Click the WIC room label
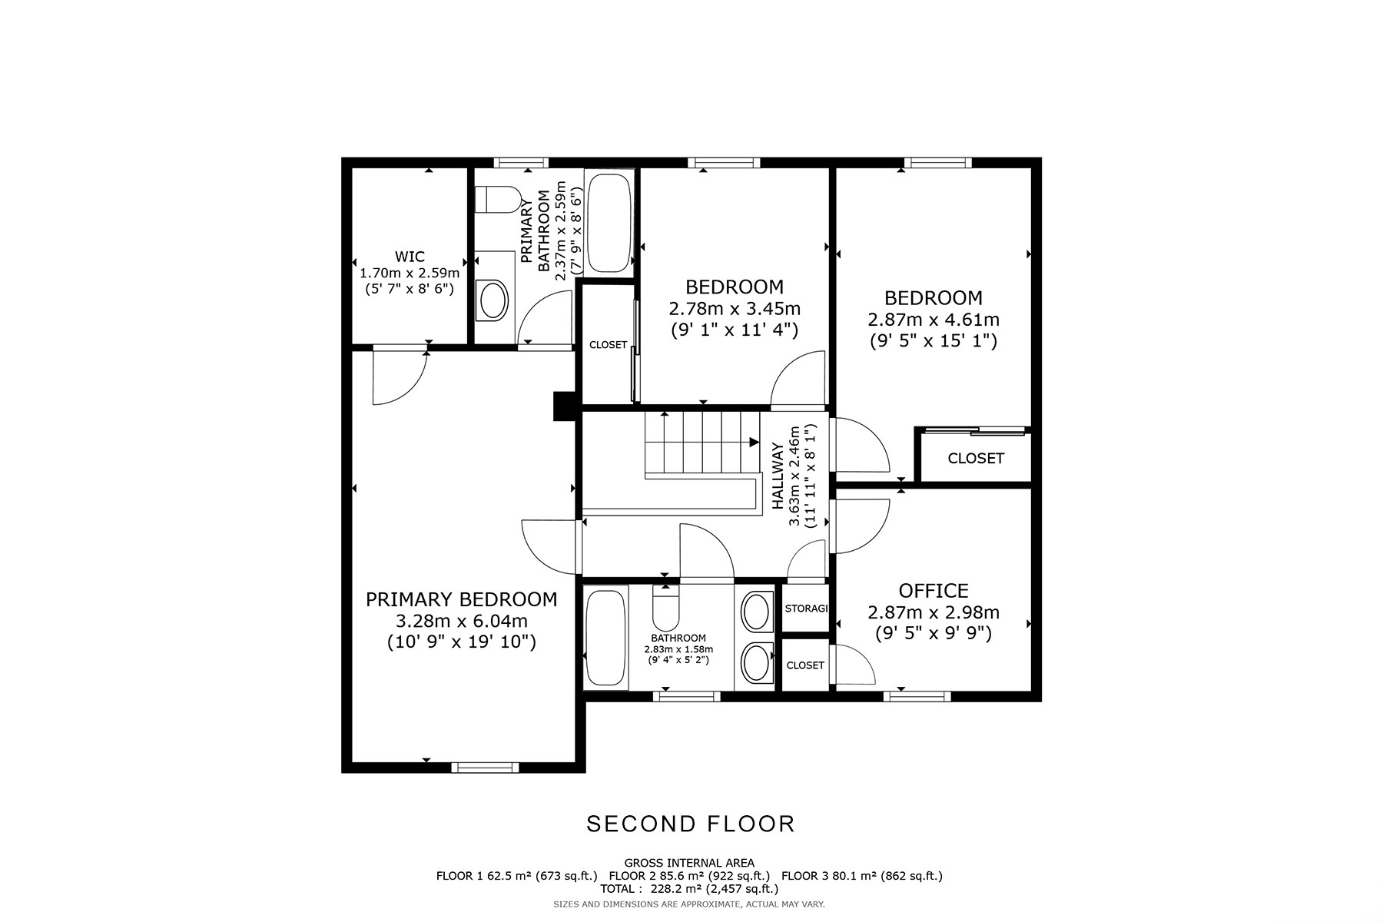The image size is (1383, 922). coord(410,257)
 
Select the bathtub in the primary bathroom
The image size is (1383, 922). coord(609,223)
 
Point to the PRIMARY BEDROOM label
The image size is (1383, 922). coord(461,599)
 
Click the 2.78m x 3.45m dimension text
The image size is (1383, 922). coord(735,309)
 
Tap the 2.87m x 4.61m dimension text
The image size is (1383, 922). coord(934,320)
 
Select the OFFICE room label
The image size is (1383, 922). coord(934,591)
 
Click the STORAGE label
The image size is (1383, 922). coord(806,609)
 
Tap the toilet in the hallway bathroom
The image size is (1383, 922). coord(665,607)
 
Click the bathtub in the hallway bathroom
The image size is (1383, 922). coord(606,637)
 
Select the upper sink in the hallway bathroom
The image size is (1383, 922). coord(758,612)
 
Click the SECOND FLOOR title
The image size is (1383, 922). coord(691,824)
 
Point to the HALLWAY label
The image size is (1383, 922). coord(777,476)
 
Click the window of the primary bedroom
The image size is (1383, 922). coord(485,767)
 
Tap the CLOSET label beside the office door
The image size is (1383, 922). coord(805,665)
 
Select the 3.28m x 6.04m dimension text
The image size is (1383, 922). coord(461,621)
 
